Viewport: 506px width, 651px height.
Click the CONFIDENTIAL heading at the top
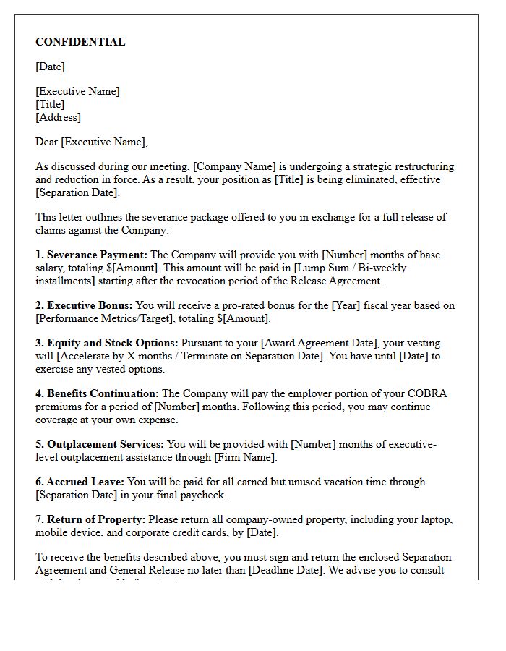point(80,42)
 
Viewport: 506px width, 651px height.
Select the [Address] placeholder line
point(59,117)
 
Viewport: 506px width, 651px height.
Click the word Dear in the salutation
point(47,142)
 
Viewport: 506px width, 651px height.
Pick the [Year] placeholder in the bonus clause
point(346,305)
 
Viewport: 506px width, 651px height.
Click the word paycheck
point(202,495)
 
